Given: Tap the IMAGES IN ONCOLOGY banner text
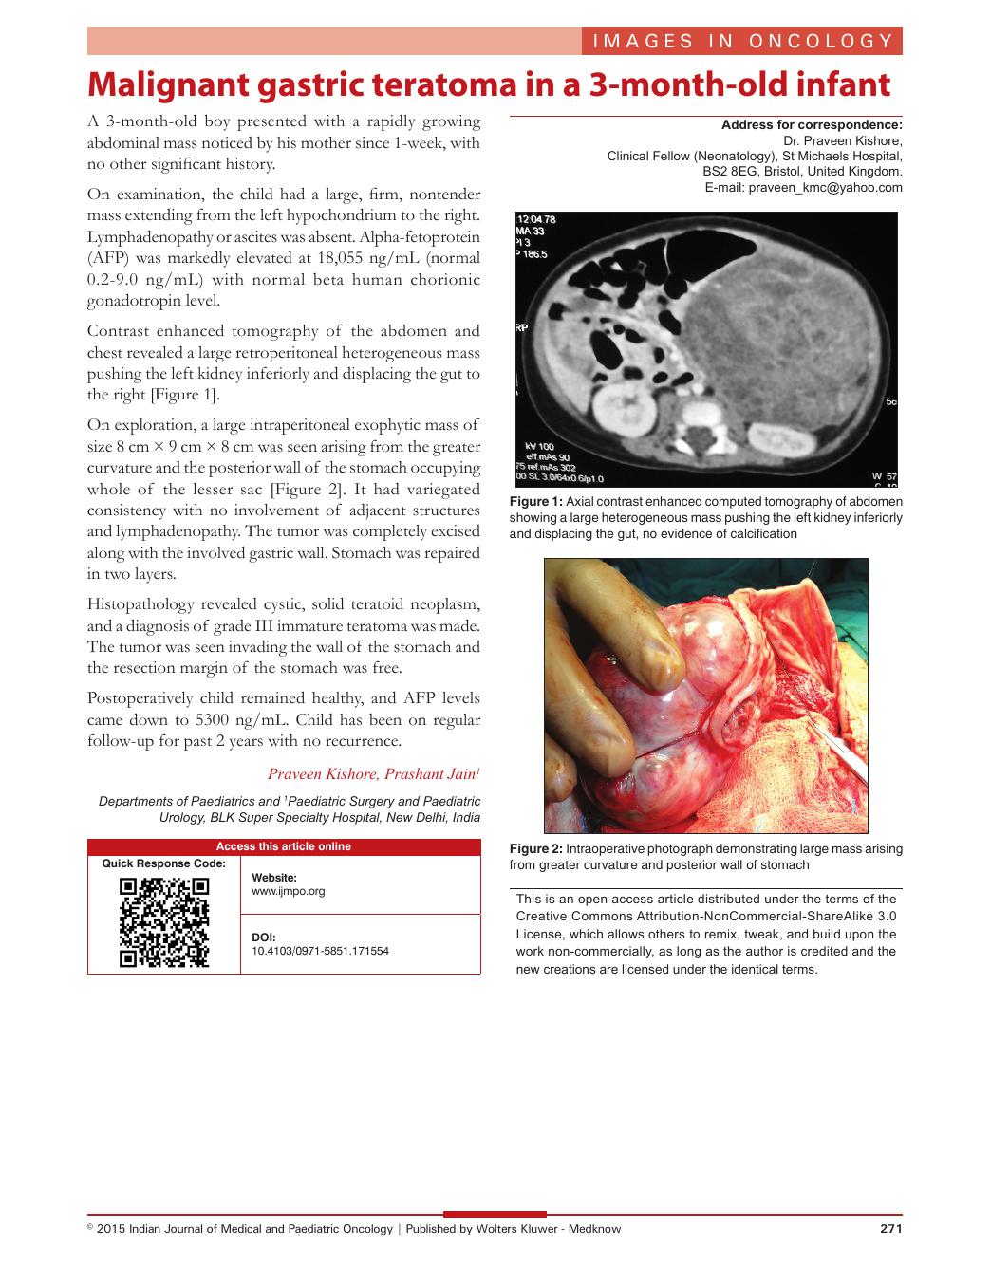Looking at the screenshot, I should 742,41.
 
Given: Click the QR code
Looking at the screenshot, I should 164,921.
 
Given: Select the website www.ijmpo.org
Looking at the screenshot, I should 289,891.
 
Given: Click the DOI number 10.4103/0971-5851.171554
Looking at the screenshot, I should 320,950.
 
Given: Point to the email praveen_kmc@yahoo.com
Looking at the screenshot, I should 825,188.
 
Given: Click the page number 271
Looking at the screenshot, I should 890,1228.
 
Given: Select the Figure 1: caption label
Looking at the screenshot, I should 535,501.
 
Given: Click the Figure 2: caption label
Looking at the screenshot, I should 535,848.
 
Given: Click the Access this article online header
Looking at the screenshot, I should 284,846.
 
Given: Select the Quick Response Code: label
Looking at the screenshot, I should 164,863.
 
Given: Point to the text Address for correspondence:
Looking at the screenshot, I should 812,124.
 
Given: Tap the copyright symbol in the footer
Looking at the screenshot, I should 90,1226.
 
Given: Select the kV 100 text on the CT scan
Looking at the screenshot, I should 539,445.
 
